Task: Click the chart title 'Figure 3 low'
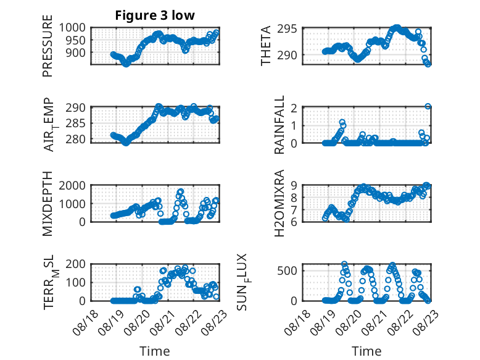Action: coord(155,15)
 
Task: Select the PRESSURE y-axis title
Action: coord(48,46)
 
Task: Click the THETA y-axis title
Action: coord(266,46)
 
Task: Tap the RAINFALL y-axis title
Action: coord(279,124)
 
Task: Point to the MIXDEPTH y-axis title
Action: coord(48,204)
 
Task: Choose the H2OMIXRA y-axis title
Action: coord(279,203)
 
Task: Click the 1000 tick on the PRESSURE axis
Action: coord(72,28)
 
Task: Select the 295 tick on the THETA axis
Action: coord(287,29)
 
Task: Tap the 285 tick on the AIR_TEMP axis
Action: coord(76,123)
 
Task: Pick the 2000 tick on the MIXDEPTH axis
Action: coord(72,185)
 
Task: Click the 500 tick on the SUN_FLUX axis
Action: coord(287,271)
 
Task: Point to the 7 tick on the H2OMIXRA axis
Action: coord(294,210)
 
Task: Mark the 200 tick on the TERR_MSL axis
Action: coord(76,264)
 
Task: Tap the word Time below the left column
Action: coord(155,351)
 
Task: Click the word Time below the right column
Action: coord(366,351)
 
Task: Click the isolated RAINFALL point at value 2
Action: coord(428,107)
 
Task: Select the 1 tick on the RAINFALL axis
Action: coord(294,125)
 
